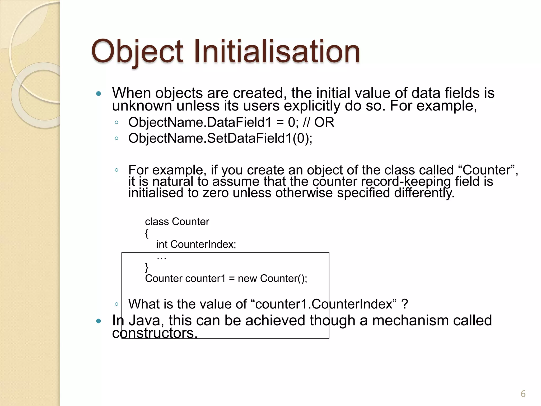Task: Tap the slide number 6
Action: point(523,394)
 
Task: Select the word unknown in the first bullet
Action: point(142,106)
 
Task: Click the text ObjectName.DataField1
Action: point(200,122)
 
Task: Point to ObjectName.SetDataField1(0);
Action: point(220,138)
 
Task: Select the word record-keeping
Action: point(406,182)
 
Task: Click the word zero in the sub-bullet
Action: point(215,193)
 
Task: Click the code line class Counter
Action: point(177,222)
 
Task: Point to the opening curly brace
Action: point(147,233)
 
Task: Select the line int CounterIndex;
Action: point(196,244)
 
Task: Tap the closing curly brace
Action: point(147,267)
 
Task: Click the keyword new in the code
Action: point(247,279)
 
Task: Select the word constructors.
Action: point(155,333)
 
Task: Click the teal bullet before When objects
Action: point(99,94)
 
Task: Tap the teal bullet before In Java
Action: point(99,321)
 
